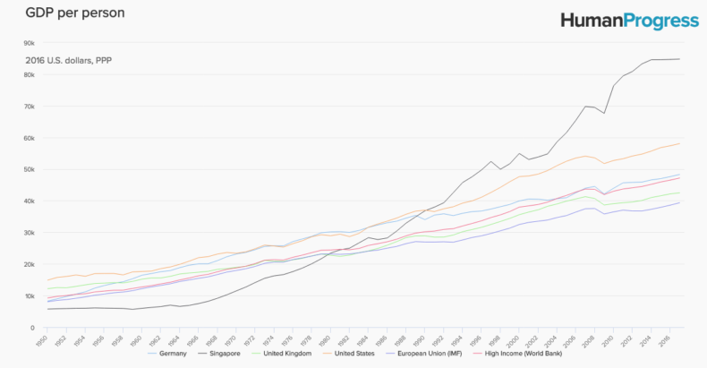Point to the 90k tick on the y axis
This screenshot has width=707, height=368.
click(x=29, y=43)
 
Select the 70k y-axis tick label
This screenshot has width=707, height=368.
click(x=29, y=107)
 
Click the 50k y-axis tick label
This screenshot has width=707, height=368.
click(x=29, y=169)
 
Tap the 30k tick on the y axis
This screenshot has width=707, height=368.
click(x=29, y=233)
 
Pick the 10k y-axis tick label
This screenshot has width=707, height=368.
click(x=29, y=295)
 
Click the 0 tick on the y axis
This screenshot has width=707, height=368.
click(x=32, y=328)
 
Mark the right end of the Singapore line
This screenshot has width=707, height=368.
click(x=680, y=59)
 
